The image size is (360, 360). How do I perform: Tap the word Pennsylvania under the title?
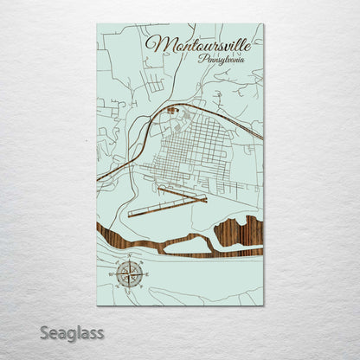point(221,60)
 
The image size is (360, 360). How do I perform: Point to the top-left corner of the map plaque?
point(97,24)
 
